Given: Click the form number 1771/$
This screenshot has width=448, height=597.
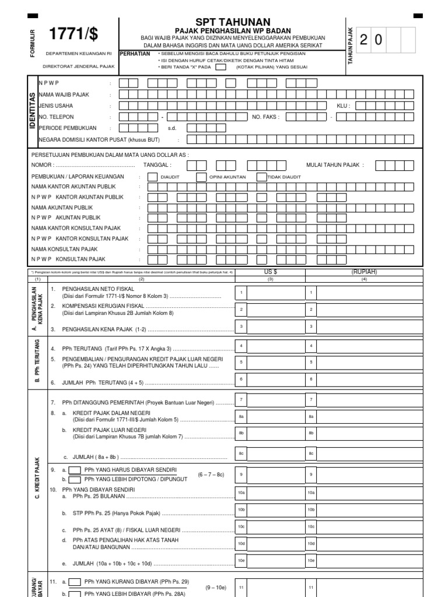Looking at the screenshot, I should [73, 34].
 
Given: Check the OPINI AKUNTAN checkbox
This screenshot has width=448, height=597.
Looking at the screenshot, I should [201, 177].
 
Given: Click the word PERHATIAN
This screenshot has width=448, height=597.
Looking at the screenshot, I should [135, 53].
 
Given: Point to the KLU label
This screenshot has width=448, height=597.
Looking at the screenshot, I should [342, 106].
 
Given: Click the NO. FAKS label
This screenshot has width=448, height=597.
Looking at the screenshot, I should [265, 117].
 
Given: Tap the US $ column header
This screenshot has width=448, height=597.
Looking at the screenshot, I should [271, 272].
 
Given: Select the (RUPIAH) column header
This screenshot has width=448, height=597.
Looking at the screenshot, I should [365, 272].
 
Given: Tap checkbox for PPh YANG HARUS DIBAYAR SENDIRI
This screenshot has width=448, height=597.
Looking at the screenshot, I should [75, 470].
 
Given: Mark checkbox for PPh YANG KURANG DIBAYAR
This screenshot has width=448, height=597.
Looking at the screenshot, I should [75, 582].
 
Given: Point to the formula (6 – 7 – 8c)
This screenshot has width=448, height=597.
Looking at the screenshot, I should [211, 475].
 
